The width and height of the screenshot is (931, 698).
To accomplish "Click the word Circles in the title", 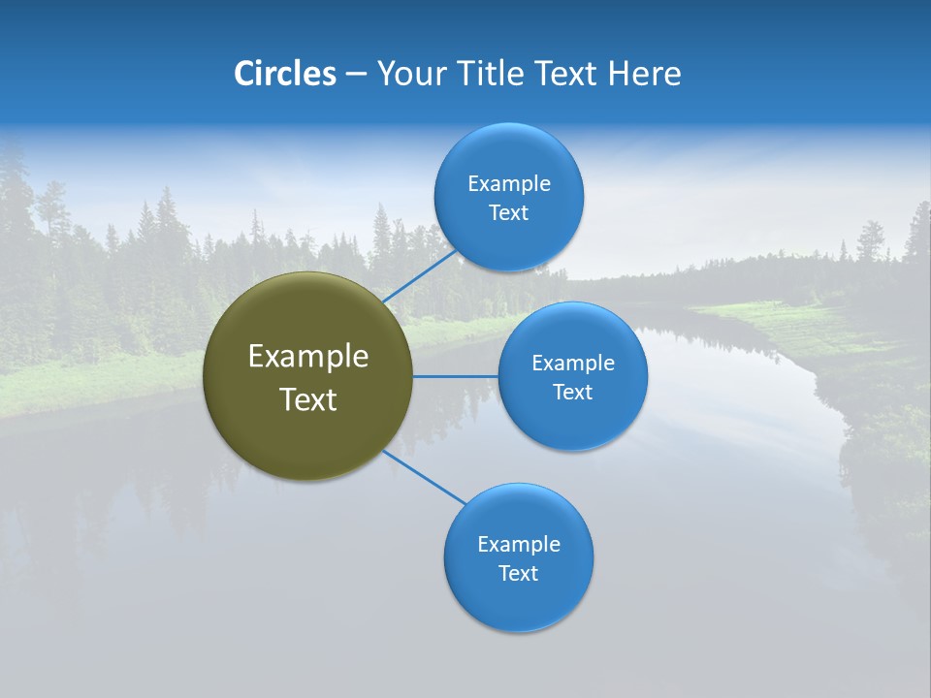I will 285,74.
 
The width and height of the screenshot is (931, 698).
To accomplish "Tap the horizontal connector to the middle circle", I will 456,376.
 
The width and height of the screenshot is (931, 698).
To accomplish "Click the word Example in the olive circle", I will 308,357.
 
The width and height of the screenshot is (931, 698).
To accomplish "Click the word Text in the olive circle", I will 308,399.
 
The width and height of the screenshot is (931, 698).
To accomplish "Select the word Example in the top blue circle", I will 508,184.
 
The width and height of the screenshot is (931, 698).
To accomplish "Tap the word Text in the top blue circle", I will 508,213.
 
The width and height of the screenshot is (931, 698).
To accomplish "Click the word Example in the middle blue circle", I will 572,364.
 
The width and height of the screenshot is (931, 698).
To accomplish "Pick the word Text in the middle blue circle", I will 572,393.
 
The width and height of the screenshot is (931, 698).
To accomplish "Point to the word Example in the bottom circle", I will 518,545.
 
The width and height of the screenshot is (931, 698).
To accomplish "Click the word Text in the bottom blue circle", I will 518,574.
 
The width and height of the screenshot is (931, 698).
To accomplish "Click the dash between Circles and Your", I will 356,75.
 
